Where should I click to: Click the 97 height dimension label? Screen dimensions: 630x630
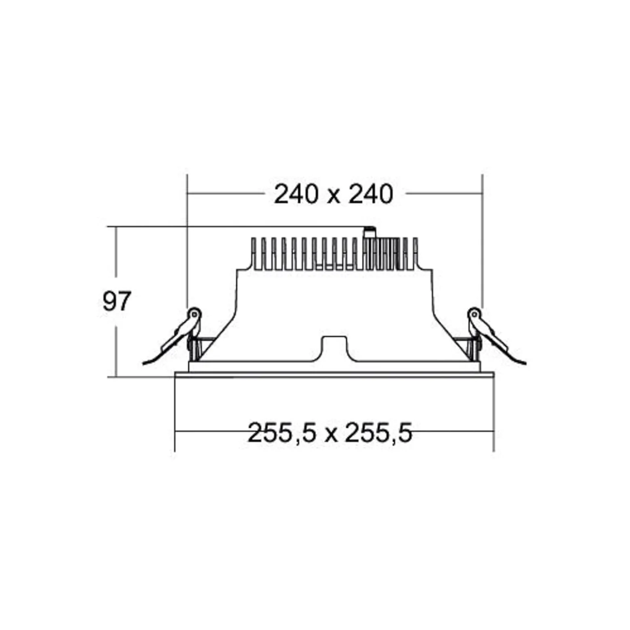coord(117,301)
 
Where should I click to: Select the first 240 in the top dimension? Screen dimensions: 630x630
coord(296,194)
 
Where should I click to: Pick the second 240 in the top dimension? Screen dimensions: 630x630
coord(371,194)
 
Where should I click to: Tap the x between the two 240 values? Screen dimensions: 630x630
coord(333,197)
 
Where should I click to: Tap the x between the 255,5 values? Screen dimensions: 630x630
coord(330,435)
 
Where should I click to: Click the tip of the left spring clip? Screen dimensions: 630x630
coord(143,364)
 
